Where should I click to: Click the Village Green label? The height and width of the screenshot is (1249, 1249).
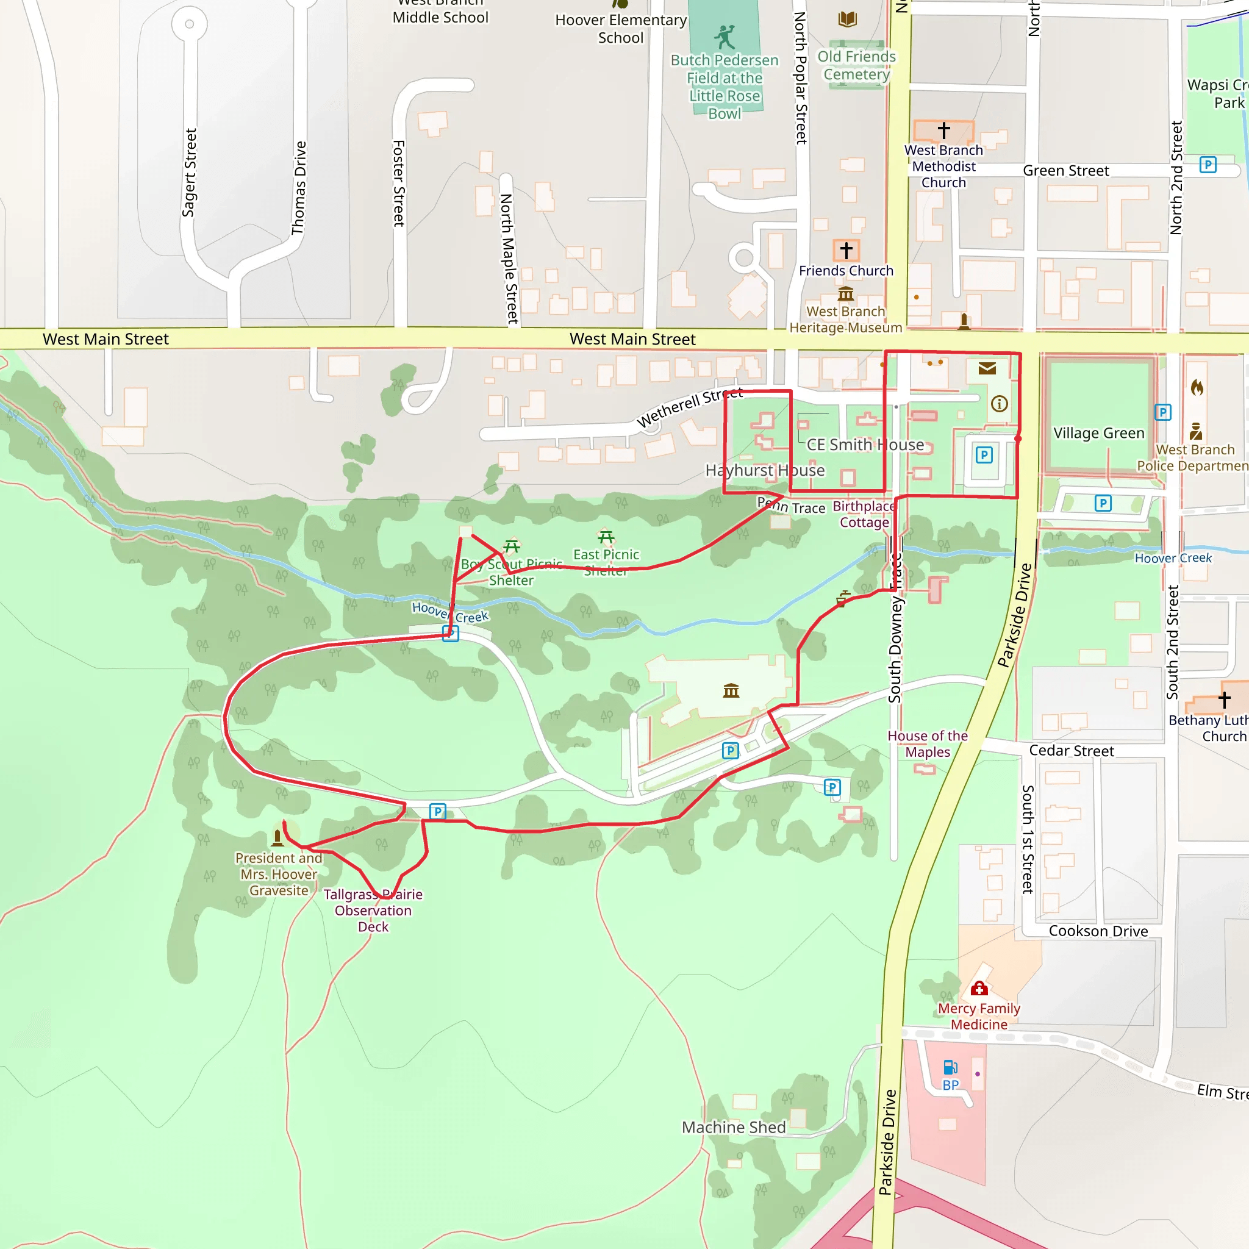pyautogui.click(x=1098, y=433)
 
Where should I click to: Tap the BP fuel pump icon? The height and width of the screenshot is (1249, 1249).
pyautogui.click(x=950, y=1067)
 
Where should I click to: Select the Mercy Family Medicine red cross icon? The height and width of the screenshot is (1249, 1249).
pyautogui.click(x=979, y=989)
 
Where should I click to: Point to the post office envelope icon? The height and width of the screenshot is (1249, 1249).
pyautogui.click(x=987, y=368)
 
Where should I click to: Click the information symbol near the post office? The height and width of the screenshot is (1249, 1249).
pyautogui.click(x=1000, y=404)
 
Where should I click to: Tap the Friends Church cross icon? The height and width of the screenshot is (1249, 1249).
pyautogui.click(x=846, y=249)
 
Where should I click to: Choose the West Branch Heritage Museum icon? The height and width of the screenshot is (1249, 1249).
pyautogui.click(x=846, y=294)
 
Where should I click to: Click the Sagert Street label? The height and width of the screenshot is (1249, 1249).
pyautogui.click(x=189, y=173)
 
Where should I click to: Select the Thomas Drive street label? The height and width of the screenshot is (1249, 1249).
pyautogui.click(x=299, y=188)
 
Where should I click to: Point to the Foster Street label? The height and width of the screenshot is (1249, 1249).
pyautogui.click(x=399, y=183)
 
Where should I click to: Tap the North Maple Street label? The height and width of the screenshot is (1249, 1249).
pyautogui.click(x=509, y=259)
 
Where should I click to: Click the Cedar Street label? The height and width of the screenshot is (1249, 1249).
pyautogui.click(x=1071, y=751)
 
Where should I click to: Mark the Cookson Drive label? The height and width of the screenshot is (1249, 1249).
pyautogui.click(x=1098, y=931)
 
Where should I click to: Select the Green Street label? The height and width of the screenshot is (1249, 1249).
pyautogui.click(x=1065, y=171)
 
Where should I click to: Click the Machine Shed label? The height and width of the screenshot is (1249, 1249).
pyautogui.click(x=734, y=1128)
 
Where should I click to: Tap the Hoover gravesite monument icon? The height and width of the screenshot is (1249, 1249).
pyautogui.click(x=278, y=838)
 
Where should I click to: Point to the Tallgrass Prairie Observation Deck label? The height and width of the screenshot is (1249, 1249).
pyautogui.click(x=373, y=911)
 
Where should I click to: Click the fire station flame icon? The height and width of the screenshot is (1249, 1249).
pyautogui.click(x=1197, y=387)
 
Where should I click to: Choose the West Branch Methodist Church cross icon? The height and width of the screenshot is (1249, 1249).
pyautogui.click(x=944, y=130)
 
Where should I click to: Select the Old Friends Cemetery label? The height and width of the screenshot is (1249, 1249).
pyautogui.click(x=857, y=65)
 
